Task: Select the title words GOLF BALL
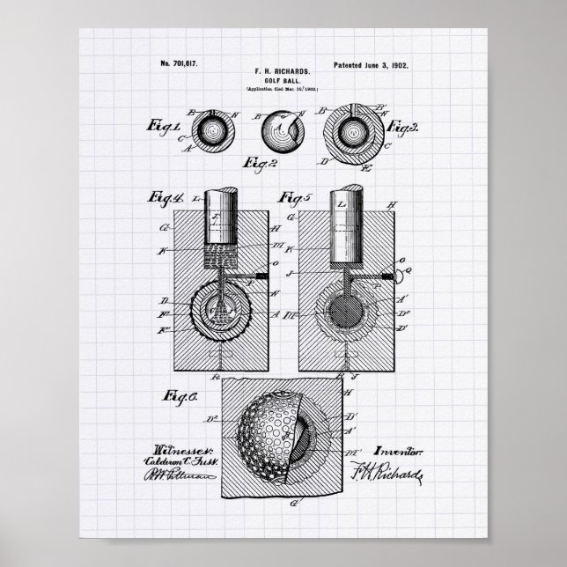coord(283,77)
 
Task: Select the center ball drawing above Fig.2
coord(281,131)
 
